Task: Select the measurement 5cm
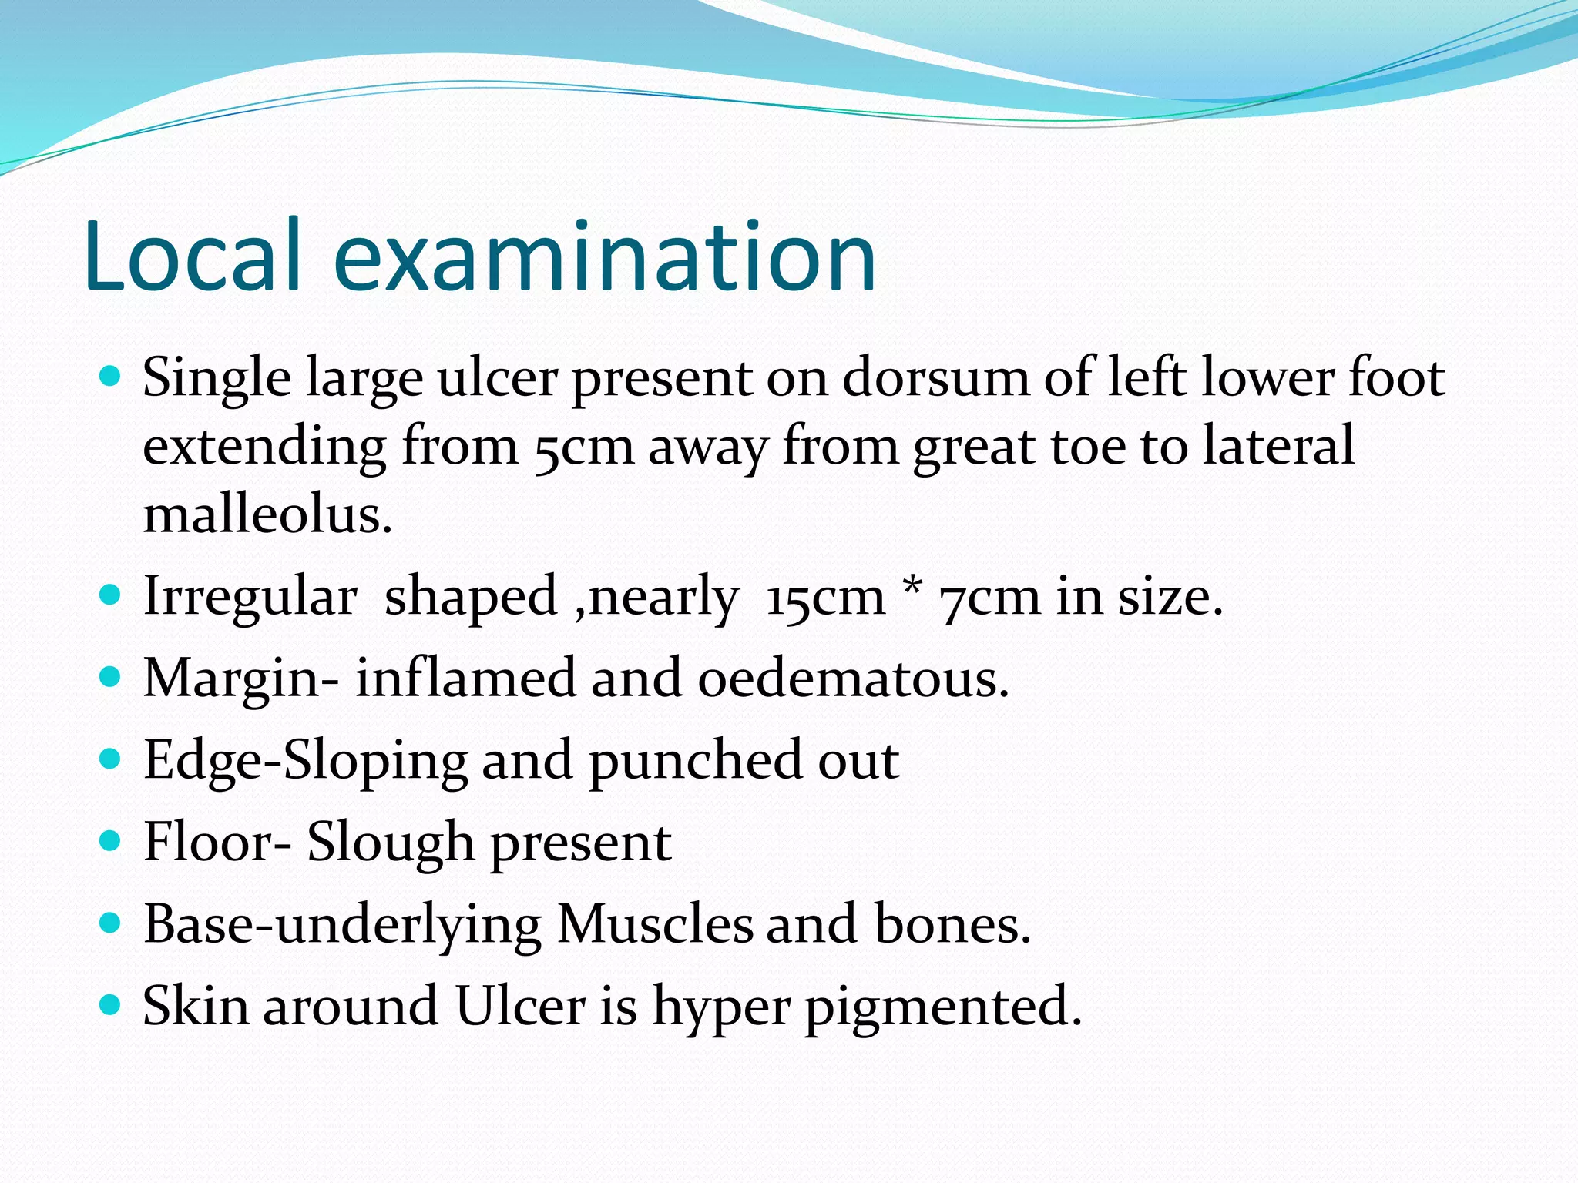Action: [x=583, y=447]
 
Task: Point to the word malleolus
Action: [x=267, y=514]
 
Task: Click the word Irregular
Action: [x=250, y=597]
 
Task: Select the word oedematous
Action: [x=853, y=679]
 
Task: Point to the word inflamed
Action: [x=465, y=679]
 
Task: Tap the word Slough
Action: [x=391, y=843]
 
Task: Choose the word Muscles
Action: [x=654, y=923]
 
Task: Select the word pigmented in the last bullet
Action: [x=943, y=1007]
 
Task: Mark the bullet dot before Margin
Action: [x=111, y=677]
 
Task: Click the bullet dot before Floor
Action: [x=111, y=840]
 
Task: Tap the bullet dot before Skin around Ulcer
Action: [x=111, y=1004]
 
